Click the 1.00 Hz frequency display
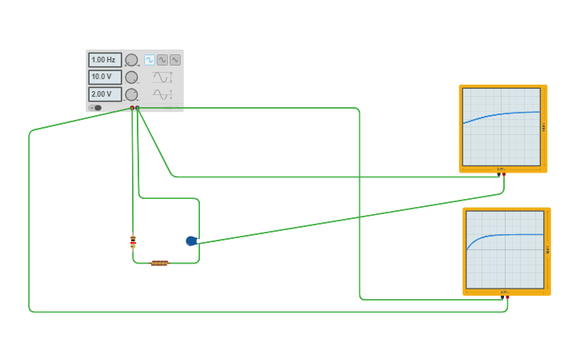tap(105, 60)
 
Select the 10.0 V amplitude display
tap(105, 78)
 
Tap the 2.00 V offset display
tap(105, 94)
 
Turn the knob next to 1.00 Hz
tap(131, 60)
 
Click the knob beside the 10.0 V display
tap(131, 78)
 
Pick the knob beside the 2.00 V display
tap(131, 94)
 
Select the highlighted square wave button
tap(150, 60)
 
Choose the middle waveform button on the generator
tap(162, 60)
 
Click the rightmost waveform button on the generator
tap(175, 60)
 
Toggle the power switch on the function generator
tap(96, 108)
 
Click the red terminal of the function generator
tap(132, 108)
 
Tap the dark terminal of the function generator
tap(138, 108)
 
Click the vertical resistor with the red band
tap(133, 241)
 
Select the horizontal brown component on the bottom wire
tap(159, 263)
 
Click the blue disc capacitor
tap(191, 241)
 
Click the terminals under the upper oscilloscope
tap(502, 171)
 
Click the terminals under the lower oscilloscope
tap(506, 295)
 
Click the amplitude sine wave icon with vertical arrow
tap(162, 78)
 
